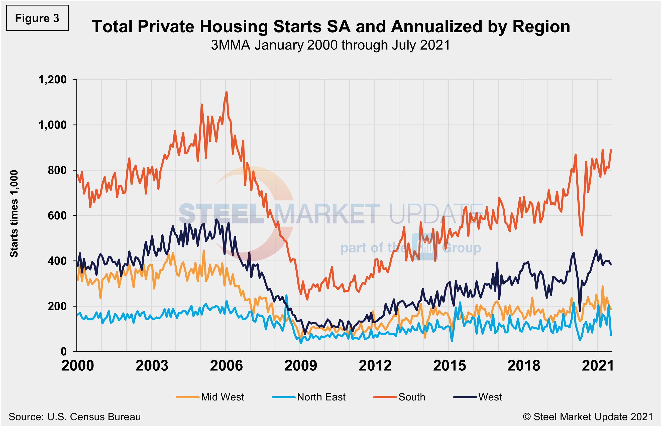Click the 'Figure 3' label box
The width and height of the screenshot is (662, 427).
37,18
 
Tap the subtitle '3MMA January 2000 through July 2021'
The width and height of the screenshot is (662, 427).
330,45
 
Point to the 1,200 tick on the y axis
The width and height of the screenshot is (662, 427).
52,80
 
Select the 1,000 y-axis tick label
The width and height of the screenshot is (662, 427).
52,125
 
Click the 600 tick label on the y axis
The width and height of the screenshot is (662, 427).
57,216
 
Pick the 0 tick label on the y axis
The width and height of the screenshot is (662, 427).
63,352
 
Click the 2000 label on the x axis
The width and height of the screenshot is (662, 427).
78,365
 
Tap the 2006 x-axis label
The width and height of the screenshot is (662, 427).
226,365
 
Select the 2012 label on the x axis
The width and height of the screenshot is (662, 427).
375,365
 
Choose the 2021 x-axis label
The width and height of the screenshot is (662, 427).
598,365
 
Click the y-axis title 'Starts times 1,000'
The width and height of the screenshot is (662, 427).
14,213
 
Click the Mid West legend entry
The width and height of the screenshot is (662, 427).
210,397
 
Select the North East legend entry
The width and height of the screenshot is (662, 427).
309,397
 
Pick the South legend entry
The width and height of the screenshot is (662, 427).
399,397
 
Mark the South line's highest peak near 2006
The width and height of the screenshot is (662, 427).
227,92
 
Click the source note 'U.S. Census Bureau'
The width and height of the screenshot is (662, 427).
94,417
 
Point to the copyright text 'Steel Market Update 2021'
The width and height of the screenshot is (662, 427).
593,417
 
